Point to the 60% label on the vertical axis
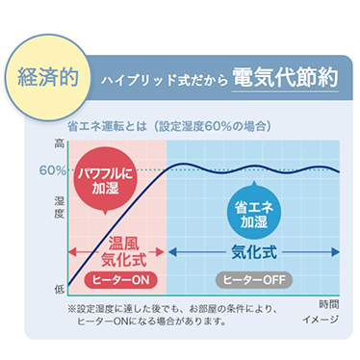pyautogui.click(x=53, y=169)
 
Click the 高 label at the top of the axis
pyautogui.click(x=60, y=143)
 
